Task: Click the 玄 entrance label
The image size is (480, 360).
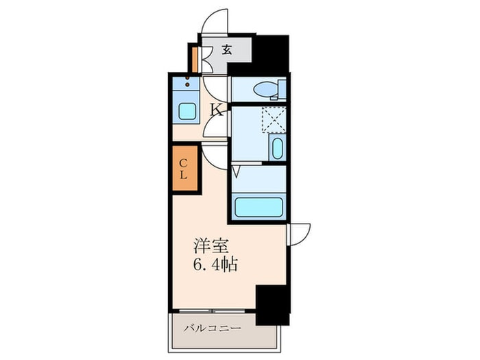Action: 226,49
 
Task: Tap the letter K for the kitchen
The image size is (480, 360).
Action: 215,109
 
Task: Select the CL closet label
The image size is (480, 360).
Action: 184,168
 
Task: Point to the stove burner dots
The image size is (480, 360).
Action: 186,86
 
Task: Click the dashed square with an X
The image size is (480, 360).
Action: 272,120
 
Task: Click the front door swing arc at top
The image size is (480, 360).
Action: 217,21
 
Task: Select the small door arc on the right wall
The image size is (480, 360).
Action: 300,233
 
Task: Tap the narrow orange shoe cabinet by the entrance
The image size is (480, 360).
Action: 195,59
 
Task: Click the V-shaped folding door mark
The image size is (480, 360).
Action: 236,171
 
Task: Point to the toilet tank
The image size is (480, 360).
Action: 282,89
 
